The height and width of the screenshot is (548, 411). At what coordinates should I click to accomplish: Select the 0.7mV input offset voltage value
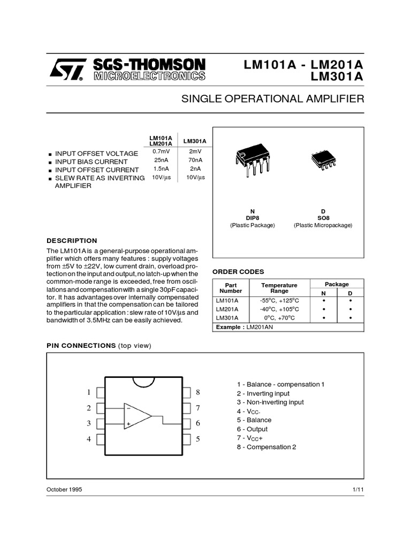click(161, 153)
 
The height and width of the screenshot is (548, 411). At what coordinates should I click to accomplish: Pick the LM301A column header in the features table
click(195, 141)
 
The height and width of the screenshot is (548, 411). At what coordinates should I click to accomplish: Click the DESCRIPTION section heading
click(72, 241)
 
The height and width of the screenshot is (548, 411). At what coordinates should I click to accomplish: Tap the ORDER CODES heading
click(238, 272)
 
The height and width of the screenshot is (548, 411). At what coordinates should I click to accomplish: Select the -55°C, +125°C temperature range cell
click(279, 300)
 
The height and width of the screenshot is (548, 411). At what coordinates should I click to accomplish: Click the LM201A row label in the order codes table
click(227, 309)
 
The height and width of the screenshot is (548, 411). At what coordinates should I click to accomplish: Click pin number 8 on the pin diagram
click(197, 392)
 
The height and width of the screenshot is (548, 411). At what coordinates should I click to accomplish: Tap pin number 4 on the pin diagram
click(89, 439)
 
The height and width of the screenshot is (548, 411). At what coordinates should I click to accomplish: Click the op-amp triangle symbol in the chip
click(137, 416)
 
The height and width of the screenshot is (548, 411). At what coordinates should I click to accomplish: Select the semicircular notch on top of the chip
click(144, 382)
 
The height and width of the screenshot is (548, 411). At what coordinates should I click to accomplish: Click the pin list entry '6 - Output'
click(252, 429)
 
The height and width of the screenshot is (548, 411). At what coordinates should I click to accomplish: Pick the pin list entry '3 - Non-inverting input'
click(270, 402)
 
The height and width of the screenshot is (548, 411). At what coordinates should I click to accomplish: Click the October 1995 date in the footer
click(64, 490)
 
